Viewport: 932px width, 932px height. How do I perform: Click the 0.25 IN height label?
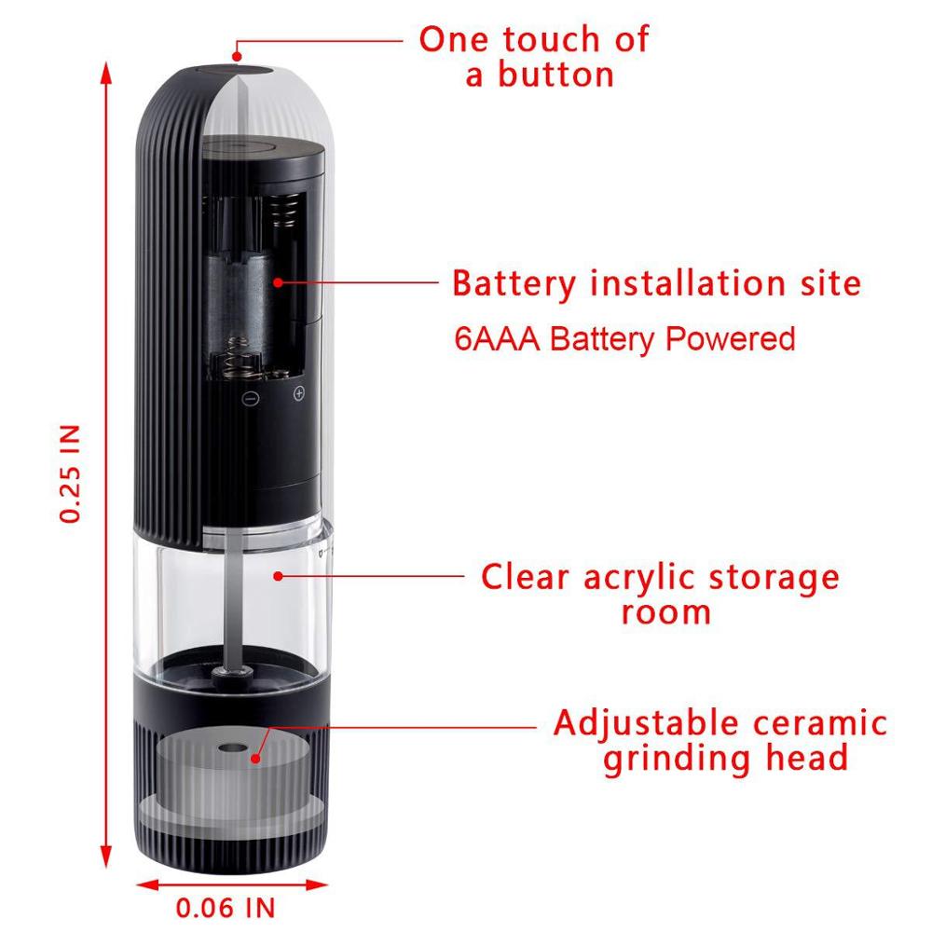pyautogui.click(x=71, y=473)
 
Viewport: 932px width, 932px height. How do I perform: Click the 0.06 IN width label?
pyautogui.click(x=226, y=907)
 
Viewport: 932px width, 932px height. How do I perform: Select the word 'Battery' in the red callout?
pyautogui.click(x=514, y=282)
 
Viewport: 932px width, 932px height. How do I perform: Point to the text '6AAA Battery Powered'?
pyautogui.click(x=624, y=338)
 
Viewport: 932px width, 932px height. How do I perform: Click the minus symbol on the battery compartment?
pyautogui.click(x=251, y=395)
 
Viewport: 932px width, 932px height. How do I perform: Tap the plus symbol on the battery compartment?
pyautogui.click(x=299, y=394)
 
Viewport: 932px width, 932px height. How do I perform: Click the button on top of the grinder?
pyautogui.click(x=238, y=67)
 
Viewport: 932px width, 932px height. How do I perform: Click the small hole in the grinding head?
pyautogui.click(x=230, y=747)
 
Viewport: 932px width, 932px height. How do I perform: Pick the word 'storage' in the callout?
pyautogui.click(x=768, y=577)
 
